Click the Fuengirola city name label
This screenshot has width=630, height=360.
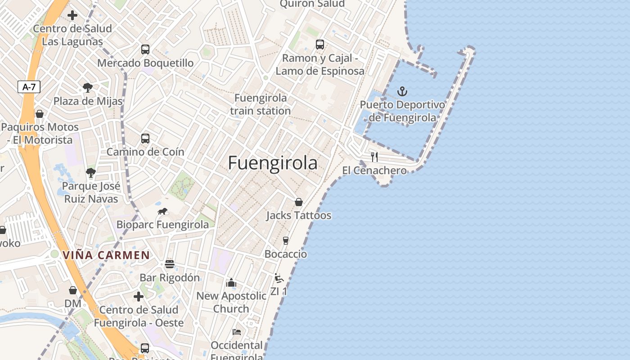(x=273, y=163)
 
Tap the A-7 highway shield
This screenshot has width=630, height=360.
(x=29, y=87)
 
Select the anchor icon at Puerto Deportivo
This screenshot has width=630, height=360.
(x=402, y=92)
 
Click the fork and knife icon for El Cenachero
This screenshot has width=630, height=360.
(x=374, y=157)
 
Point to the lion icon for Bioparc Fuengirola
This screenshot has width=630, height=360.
(x=162, y=211)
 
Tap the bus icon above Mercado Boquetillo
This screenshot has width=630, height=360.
(x=145, y=49)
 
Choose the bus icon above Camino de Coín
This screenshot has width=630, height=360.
(x=145, y=138)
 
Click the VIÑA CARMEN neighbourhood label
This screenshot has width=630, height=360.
(x=106, y=255)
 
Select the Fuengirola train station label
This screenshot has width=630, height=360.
(x=261, y=104)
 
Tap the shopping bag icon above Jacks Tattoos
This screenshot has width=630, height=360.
(x=298, y=202)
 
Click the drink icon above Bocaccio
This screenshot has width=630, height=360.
(x=285, y=241)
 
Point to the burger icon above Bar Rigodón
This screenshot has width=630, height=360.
(x=169, y=264)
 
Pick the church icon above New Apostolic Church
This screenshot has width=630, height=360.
(x=231, y=283)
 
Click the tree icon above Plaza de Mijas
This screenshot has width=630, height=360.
(x=87, y=88)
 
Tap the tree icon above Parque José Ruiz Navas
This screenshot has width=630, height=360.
(x=91, y=172)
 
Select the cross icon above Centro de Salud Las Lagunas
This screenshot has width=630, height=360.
(x=72, y=15)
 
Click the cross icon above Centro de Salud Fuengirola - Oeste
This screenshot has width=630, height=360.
(x=139, y=296)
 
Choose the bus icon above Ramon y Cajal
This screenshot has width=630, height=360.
(x=319, y=45)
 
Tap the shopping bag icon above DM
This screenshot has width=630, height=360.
(x=72, y=290)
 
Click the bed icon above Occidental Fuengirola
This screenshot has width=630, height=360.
(x=237, y=332)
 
